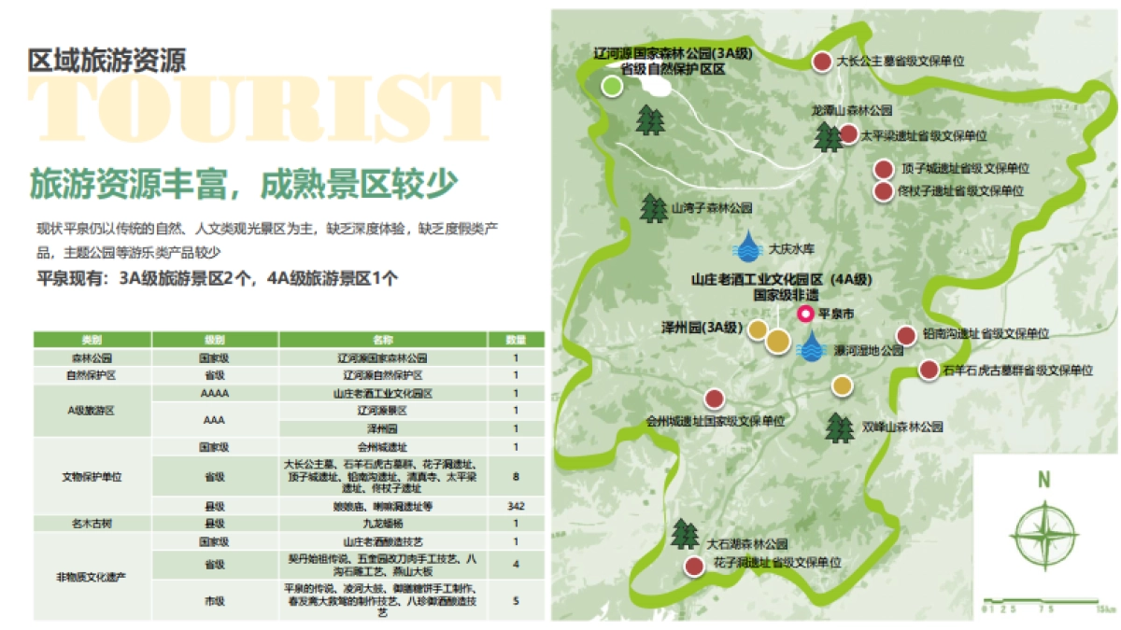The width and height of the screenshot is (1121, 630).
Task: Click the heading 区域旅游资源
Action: [x=106, y=61]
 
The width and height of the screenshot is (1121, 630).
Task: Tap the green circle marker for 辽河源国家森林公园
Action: [x=611, y=86]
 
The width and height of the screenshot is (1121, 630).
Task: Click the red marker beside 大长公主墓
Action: [x=821, y=62]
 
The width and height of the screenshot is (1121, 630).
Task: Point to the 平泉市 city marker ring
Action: [x=804, y=315]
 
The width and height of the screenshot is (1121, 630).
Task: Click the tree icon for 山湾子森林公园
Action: [x=653, y=207]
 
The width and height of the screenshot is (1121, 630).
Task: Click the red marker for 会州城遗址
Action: [x=715, y=399]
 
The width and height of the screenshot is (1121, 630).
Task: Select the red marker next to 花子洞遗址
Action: [x=693, y=566]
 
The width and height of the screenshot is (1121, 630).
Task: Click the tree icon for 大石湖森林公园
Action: [x=686, y=534]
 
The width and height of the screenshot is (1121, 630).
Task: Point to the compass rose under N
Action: [x=1043, y=533]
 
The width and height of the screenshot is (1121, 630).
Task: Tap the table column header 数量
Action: [x=516, y=340]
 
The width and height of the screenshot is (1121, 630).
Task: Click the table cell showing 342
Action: [x=516, y=506]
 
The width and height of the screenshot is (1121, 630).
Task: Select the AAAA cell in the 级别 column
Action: [x=214, y=394]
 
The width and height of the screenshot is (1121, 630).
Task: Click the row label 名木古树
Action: [x=92, y=523]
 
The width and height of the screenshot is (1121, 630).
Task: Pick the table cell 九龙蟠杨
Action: [x=381, y=523]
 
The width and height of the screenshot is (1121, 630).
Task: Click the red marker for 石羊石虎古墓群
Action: [x=928, y=370]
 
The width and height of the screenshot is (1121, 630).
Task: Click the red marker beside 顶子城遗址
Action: [x=883, y=170]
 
